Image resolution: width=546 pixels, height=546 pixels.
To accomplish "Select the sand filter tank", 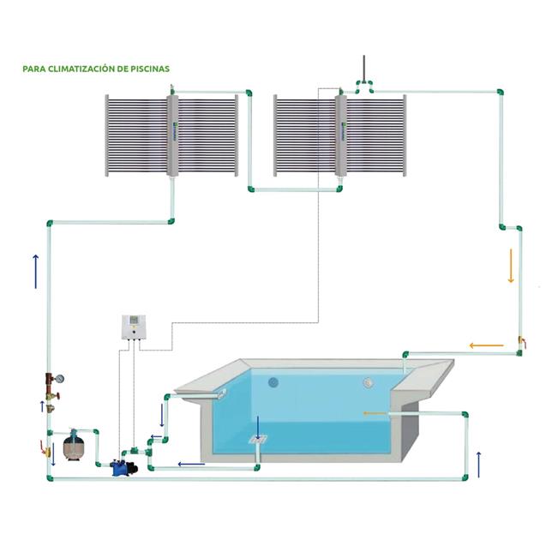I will coord(74,445).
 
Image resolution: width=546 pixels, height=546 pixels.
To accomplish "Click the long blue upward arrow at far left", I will coord(35,272).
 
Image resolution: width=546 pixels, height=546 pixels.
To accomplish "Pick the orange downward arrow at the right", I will coord(511,266).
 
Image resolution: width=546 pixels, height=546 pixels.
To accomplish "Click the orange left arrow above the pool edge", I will coord(486,346).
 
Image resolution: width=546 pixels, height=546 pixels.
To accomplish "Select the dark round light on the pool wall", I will coord(274,382).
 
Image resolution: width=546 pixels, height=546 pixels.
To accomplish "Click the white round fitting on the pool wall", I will coord(369,383).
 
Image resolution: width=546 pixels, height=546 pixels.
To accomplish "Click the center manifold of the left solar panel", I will coord(172,136).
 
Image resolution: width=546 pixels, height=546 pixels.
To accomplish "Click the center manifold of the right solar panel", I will coord(340,136).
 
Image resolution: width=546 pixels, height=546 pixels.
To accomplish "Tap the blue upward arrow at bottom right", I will coord(478,463).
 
